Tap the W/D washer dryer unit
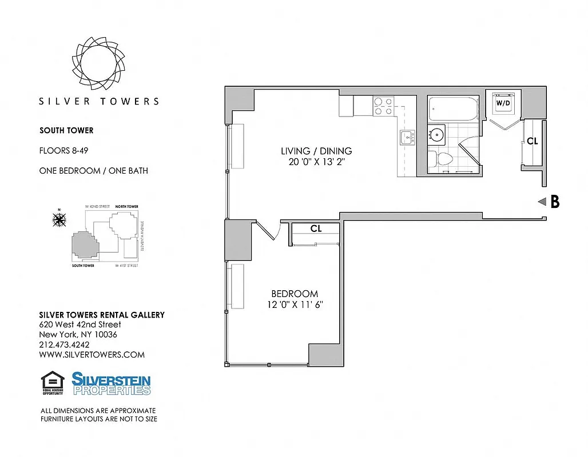(x=503, y=103)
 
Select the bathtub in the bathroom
(x=453, y=109)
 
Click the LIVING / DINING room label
(x=316, y=151)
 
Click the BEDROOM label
(x=295, y=294)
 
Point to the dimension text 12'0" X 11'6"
(x=295, y=304)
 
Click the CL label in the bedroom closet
(x=316, y=228)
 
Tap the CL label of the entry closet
(x=532, y=141)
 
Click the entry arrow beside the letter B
(x=542, y=201)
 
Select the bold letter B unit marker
(x=555, y=201)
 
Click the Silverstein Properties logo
(x=112, y=383)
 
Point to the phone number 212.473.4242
(x=64, y=344)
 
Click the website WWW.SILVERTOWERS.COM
(x=92, y=355)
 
